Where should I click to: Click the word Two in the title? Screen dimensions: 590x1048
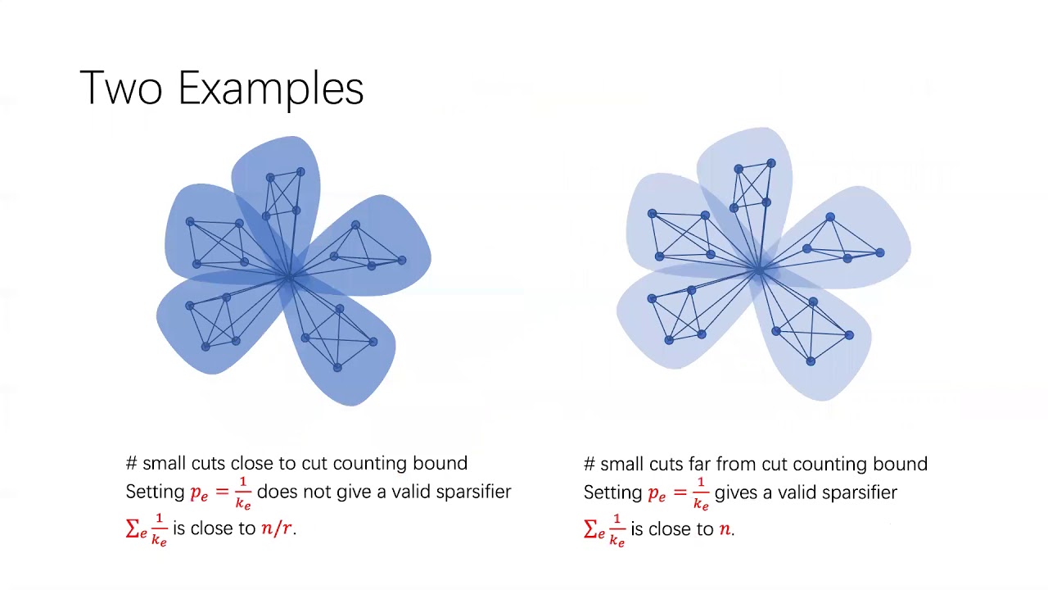tap(120, 88)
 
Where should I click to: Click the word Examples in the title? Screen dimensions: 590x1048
tap(270, 89)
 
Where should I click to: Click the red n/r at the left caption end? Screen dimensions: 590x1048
tap(277, 529)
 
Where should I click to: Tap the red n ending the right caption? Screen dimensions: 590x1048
tap(725, 529)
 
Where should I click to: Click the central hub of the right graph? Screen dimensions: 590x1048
tap(760, 268)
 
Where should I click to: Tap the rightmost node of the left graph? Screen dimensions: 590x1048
tap(402, 261)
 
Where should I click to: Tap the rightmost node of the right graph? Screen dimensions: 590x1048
tap(880, 253)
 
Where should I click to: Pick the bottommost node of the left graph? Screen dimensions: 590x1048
tap(337, 368)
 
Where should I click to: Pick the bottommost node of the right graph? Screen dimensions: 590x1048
tap(811, 361)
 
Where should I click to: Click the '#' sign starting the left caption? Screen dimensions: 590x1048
tap(132, 464)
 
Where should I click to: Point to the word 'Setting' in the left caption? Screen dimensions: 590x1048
tap(155, 492)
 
